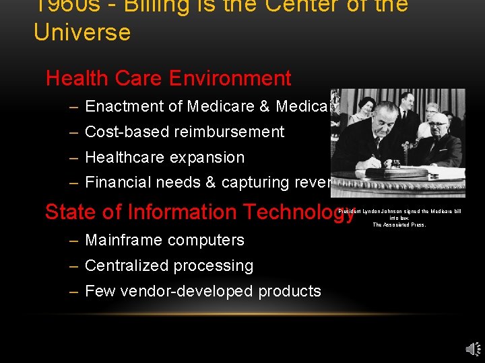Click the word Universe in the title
point(82,32)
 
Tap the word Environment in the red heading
point(230,78)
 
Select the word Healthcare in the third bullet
point(125,157)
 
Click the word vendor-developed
point(179,291)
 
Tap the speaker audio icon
point(472,348)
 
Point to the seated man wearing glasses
point(439,130)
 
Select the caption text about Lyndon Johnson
point(399,217)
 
